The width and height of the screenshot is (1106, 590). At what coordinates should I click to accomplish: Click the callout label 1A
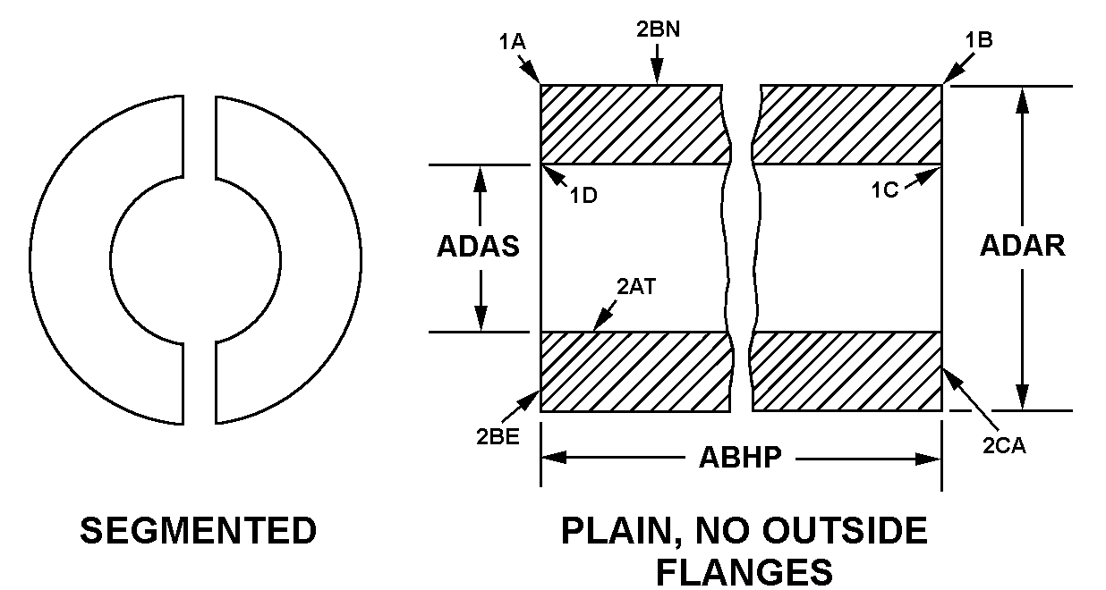[x=512, y=42]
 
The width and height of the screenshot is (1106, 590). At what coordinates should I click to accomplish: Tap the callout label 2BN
[x=658, y=29]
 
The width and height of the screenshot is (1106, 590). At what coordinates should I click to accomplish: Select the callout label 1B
[x=979, y=40]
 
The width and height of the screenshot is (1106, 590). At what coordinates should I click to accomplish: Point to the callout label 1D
[x=583, y=196]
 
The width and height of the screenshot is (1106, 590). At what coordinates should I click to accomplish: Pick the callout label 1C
[x=884, y=190]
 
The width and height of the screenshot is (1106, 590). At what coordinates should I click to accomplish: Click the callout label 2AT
[x=636, y=287]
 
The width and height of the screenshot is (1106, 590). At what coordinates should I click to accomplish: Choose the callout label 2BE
[x=498, y=436]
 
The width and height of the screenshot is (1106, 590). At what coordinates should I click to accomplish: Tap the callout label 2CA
[x=1004, y=446]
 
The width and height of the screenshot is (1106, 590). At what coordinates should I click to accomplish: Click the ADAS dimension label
[x=478, y=246]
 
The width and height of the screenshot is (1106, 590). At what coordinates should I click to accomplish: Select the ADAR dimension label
[x=1023, y=245]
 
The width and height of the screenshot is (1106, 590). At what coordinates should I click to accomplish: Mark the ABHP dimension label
[x=740, y=458]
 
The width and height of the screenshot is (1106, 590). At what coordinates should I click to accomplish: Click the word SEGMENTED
[x=198, y=531]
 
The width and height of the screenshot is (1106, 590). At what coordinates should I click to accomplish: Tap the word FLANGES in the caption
[x=744, y=572]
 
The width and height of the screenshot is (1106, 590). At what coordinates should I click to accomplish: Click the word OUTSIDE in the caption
[x=845, y=531]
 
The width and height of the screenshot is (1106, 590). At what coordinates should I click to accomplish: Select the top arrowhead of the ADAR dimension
[x=1023, y=101]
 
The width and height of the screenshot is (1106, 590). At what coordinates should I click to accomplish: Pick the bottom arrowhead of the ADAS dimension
[x=481, y=318]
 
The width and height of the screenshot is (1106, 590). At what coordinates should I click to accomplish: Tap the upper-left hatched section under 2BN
[x=636, y=124]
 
